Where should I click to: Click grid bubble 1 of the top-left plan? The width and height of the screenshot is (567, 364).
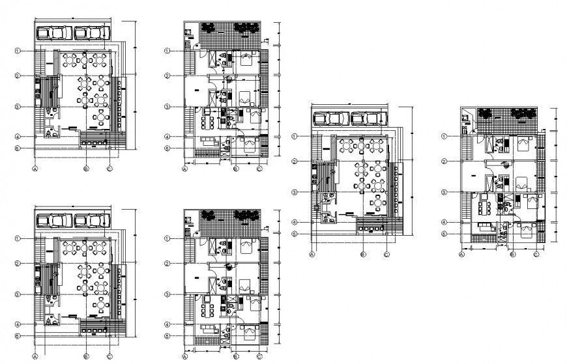19,51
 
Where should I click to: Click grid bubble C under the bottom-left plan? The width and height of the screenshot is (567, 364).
110,357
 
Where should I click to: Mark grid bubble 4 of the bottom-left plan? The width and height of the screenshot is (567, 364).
19,324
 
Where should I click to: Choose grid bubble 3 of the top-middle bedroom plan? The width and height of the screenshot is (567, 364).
167,107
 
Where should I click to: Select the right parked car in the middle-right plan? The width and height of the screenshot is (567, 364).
368,119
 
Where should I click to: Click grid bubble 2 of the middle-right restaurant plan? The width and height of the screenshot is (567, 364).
295,161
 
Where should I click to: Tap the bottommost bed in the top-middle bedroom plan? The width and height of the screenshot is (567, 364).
248,145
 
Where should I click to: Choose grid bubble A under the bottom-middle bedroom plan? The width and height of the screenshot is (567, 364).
184,357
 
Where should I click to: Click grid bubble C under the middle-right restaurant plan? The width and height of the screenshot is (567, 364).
386,254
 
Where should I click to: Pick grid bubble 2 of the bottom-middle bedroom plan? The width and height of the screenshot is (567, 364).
167,264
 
